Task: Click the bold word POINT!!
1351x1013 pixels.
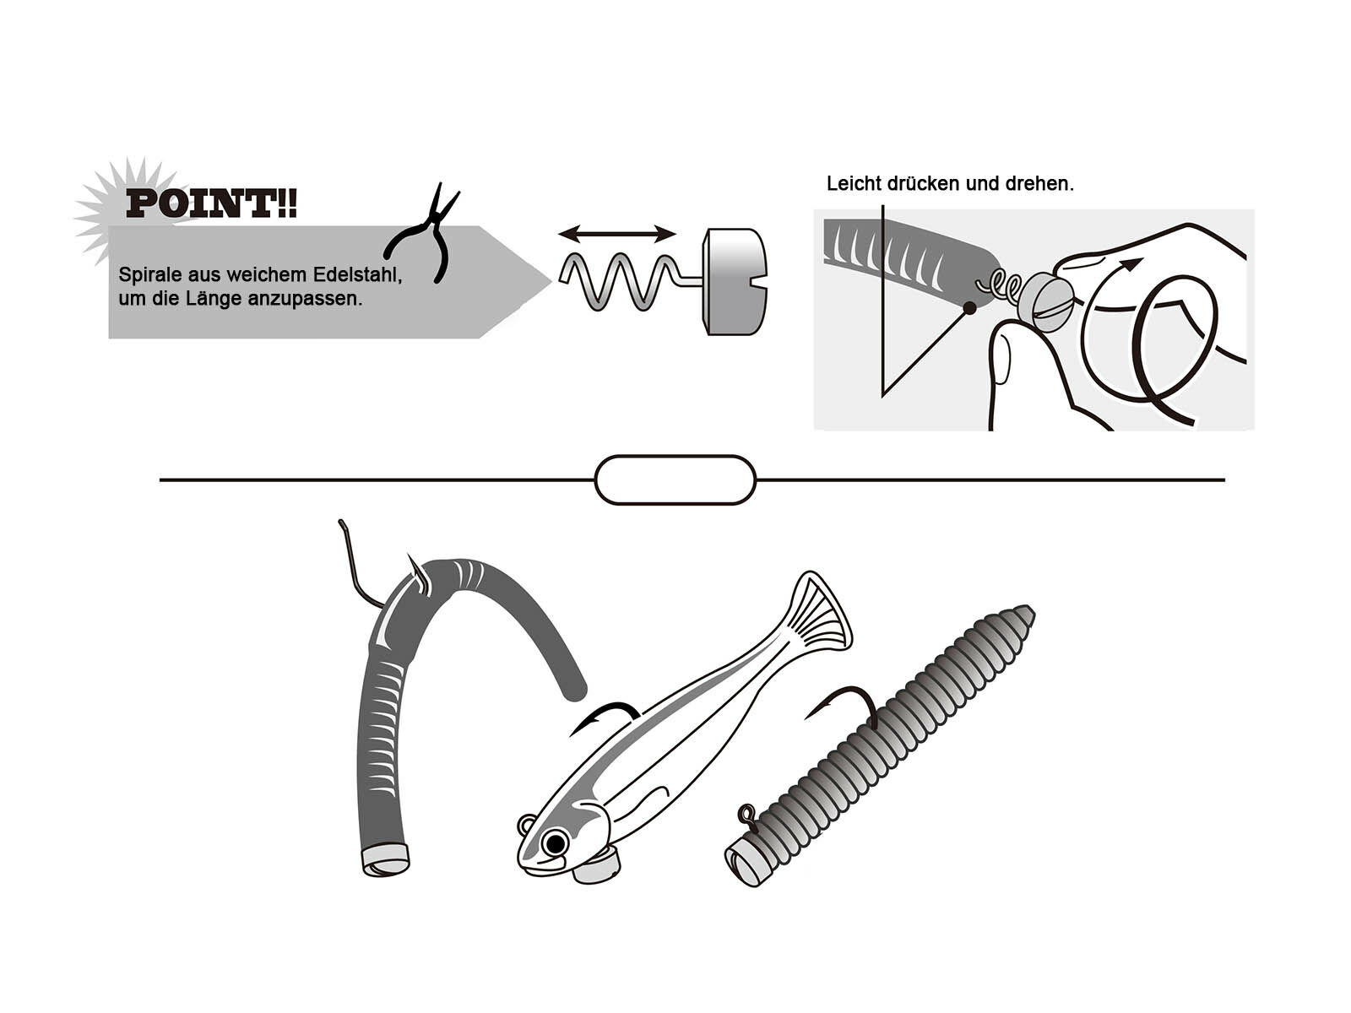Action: click(x=211, y=204)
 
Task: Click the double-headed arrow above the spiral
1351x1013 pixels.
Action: click(x=616, y=234)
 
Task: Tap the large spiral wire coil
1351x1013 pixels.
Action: click(x=621, y=282)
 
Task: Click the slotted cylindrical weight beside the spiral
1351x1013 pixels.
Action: click(x=735, y=282)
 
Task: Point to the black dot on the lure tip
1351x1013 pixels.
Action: click(x=968, y=308)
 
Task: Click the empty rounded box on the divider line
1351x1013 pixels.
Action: click(x=675, y=479)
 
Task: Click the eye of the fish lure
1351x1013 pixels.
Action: click(x=555, y=842)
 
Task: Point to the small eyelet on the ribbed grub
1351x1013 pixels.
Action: click(x=747, y=815)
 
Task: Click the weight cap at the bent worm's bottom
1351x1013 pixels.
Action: click(x=385, y=860)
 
